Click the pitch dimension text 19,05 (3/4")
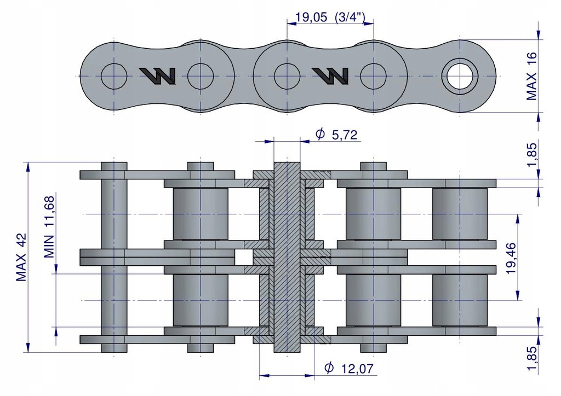point(330,17)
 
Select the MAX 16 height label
point(531,76)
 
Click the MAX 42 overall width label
point(22,257)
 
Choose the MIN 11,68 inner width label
point(49,227)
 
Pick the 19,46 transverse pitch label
point(511,258)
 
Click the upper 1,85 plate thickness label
point(531,154)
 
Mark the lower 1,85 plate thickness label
point(531,358)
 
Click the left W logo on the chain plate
point(158,76)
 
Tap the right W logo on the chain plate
point(330,76)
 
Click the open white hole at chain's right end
point(460,76)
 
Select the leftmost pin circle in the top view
point(114,76)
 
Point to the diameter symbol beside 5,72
point(320,134)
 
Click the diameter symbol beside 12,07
point(329,368)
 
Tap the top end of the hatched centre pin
point(287,162)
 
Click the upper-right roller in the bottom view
point(460,214)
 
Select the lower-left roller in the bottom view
point(201,300)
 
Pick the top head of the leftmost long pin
point(114,166)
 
